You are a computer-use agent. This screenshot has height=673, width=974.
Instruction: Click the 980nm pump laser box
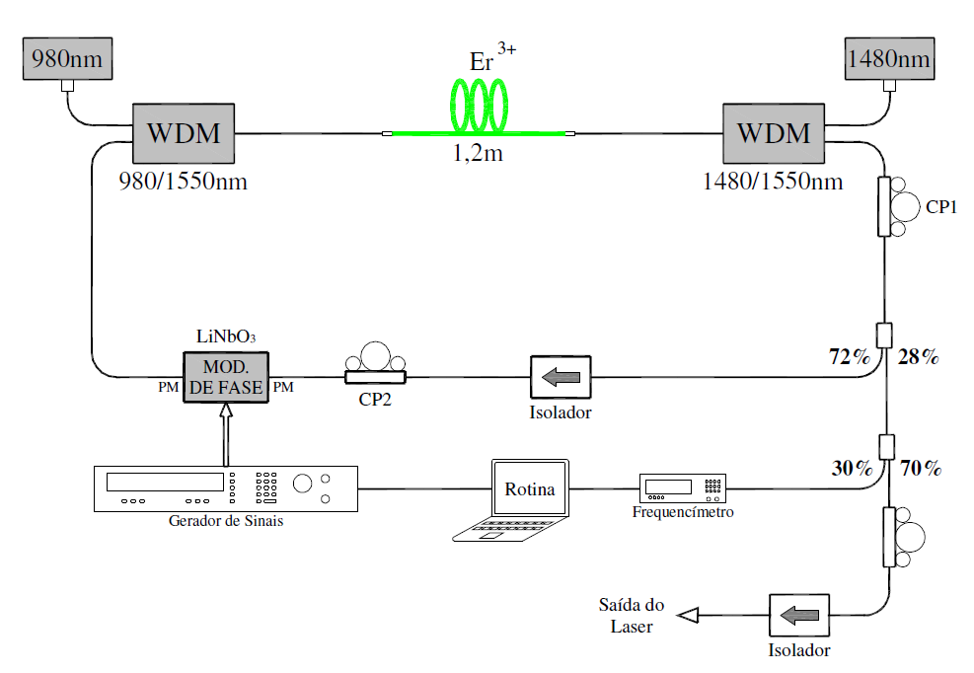pyautogui.click(x=67, y=58)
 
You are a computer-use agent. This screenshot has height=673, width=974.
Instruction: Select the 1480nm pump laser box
pyautogui.click(x=888, y=59)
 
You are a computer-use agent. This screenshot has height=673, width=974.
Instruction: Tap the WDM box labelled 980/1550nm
pyautogui.click(x=185, y=133)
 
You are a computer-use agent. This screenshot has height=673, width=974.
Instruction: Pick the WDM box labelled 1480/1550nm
pyautogui.click(x=774, y=133)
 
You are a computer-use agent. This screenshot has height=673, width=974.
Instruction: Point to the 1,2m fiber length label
pyautogui.click(x=478, y=154)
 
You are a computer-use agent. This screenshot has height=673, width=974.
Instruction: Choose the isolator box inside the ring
pyautogui.click(x=561, y=377)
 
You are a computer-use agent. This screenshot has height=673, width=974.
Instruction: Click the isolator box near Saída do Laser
pyautogui.click(x=799, y=615)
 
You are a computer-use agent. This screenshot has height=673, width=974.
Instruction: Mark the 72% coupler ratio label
pyautogui.click(x=850, y=357)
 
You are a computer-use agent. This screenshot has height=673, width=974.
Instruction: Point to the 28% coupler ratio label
pyautogui.click(x=919, y=357)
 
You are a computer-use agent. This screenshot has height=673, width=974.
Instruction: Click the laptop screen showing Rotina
pyautogui.click(x=530, y=488)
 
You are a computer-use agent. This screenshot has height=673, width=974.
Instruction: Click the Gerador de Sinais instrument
pyautogui.click(x=225, y=487)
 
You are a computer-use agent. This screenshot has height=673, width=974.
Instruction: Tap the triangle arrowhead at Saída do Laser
pyautogui.click(x=689, y=616)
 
